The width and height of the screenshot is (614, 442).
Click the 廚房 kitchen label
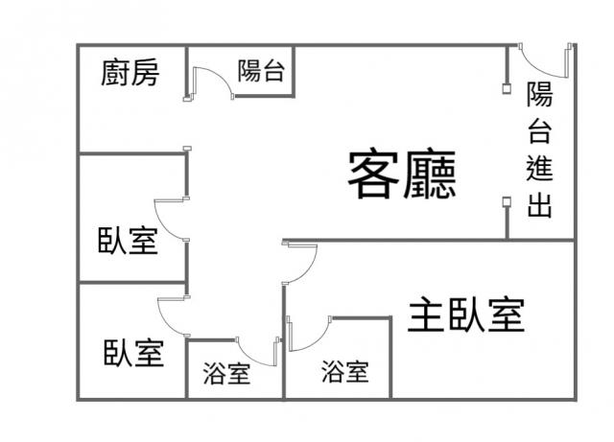click(x=130, y=73)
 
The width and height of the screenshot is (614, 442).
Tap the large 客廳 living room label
click(x=401, y=174)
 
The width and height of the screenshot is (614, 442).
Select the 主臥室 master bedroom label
click(x=466, y=314)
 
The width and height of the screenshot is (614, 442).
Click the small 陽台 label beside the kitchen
click(x=261, y=71)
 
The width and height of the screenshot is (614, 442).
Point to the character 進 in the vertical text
click(x=539, y=170)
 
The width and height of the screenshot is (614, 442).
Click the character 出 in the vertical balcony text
click(x=539, y=206)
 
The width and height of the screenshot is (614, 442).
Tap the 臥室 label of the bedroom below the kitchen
click(x=128, y=241)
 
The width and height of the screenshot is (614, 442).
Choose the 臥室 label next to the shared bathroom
click(x=133, y=353)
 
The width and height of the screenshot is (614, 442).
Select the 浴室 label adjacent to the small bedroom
click(x=227, y=374)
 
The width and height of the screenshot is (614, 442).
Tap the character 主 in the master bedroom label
click(x=427, y=314)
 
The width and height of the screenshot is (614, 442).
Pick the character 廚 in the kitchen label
click(x=115, y=73)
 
